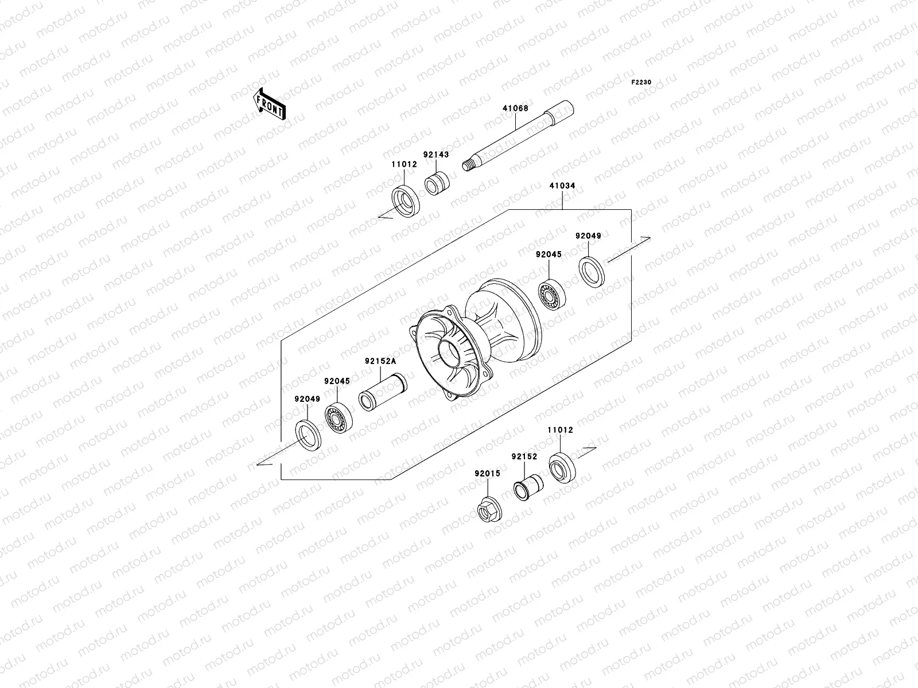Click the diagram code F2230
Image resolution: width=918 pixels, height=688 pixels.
[x=641, y=83]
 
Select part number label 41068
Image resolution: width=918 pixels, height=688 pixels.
[x=515, y=108]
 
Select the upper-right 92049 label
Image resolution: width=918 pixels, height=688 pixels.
[x=588, y=236]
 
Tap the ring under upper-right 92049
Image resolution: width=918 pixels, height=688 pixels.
[x=591, y=272]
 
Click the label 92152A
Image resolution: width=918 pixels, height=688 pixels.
[x=380, y=361]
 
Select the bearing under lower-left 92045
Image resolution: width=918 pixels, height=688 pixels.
[x=338, y=420]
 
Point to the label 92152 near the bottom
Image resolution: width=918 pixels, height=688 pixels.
[x=524, y=457]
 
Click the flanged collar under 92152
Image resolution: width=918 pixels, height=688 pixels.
[x=527, y=487]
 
